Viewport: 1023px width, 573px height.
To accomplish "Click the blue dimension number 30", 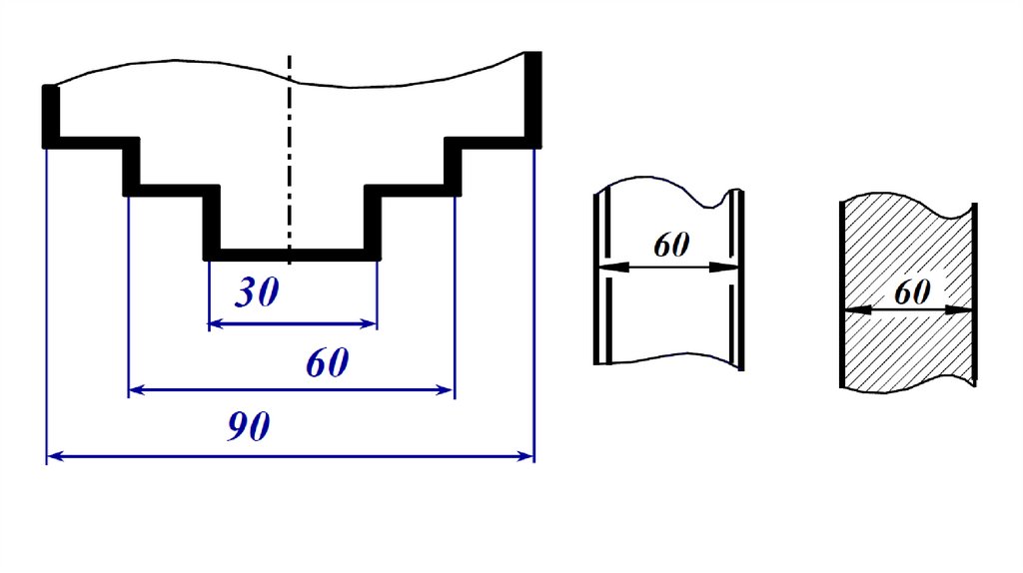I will point(257,293).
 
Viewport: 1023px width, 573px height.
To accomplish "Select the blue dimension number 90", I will point(248,428).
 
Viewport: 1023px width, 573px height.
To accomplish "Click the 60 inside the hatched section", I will point(912,292).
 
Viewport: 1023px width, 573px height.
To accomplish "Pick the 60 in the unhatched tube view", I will point(671,246).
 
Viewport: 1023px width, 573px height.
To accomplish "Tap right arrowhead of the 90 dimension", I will point(525,456).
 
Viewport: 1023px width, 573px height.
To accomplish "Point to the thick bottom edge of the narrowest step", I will point(292,254).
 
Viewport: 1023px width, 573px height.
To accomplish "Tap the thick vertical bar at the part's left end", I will point(48,115).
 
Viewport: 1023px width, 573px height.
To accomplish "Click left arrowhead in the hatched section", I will point(853,310).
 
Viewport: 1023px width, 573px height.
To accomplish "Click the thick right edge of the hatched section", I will point(975,294).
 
